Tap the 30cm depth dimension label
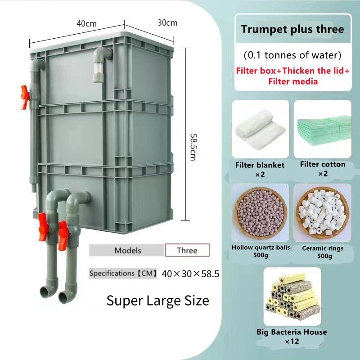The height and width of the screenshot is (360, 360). (168, 22)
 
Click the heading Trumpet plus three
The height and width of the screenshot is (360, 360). (292, 30)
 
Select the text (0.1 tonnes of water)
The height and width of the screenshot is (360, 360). (292, 56)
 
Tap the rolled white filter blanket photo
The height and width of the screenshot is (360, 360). (260, 128)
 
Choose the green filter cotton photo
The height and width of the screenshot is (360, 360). (323, 128)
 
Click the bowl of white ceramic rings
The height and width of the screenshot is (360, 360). (323, 212)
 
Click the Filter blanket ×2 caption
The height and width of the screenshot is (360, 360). (260, 170)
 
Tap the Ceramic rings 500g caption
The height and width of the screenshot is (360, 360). (323, 252)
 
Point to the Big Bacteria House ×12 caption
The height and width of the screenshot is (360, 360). (292, 337)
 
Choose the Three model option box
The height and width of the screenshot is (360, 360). (187, 250)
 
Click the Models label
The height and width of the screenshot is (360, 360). (128, 250)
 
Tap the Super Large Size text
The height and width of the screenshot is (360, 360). (158, 300)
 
